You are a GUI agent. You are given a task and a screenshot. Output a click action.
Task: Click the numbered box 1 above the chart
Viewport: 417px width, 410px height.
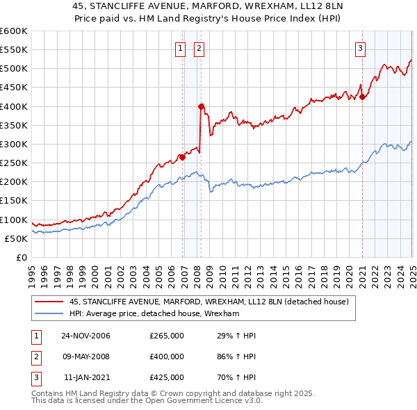coord(180,48)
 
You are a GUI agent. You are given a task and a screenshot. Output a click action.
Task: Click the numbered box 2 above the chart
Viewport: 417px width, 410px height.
coord(199,48)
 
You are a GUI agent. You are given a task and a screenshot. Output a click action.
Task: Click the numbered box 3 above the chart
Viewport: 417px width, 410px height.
coord(361,48)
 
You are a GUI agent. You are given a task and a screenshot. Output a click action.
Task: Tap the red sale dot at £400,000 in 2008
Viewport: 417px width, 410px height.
coord(201,106)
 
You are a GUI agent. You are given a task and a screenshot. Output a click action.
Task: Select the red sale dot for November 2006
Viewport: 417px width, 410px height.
coord(182,157)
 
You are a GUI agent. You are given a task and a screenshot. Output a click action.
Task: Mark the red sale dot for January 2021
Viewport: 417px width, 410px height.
coord(362,97)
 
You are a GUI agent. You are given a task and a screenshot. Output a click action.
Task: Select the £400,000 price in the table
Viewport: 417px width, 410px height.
coord(167,356)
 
